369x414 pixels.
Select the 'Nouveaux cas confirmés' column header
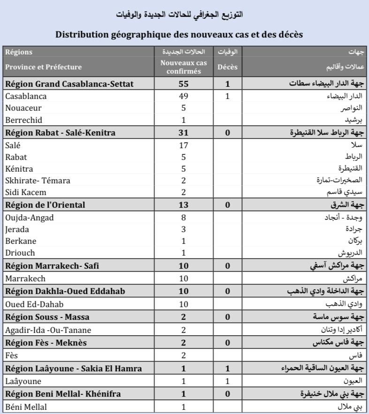point(184,67)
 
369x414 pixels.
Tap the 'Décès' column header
point(227,67)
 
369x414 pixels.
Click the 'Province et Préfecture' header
point(44,67)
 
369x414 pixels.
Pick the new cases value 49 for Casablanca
point(184,96)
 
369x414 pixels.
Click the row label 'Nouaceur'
point(23,108)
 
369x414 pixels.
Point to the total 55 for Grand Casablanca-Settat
point(184,84)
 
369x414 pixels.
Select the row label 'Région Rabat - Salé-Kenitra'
point(60,133)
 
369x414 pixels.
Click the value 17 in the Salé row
point(184,145)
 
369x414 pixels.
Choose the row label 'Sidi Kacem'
point(26,192)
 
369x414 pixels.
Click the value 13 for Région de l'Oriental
point(184,205)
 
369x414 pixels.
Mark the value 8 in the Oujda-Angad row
point(184,217)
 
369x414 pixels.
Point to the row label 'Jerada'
point(17,229)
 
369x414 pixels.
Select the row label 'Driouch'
point(20,253)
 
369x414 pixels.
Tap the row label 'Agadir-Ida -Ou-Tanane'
point(48,330)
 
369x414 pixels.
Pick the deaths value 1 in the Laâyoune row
point(227,381)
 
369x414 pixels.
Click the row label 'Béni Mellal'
point(26,407)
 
